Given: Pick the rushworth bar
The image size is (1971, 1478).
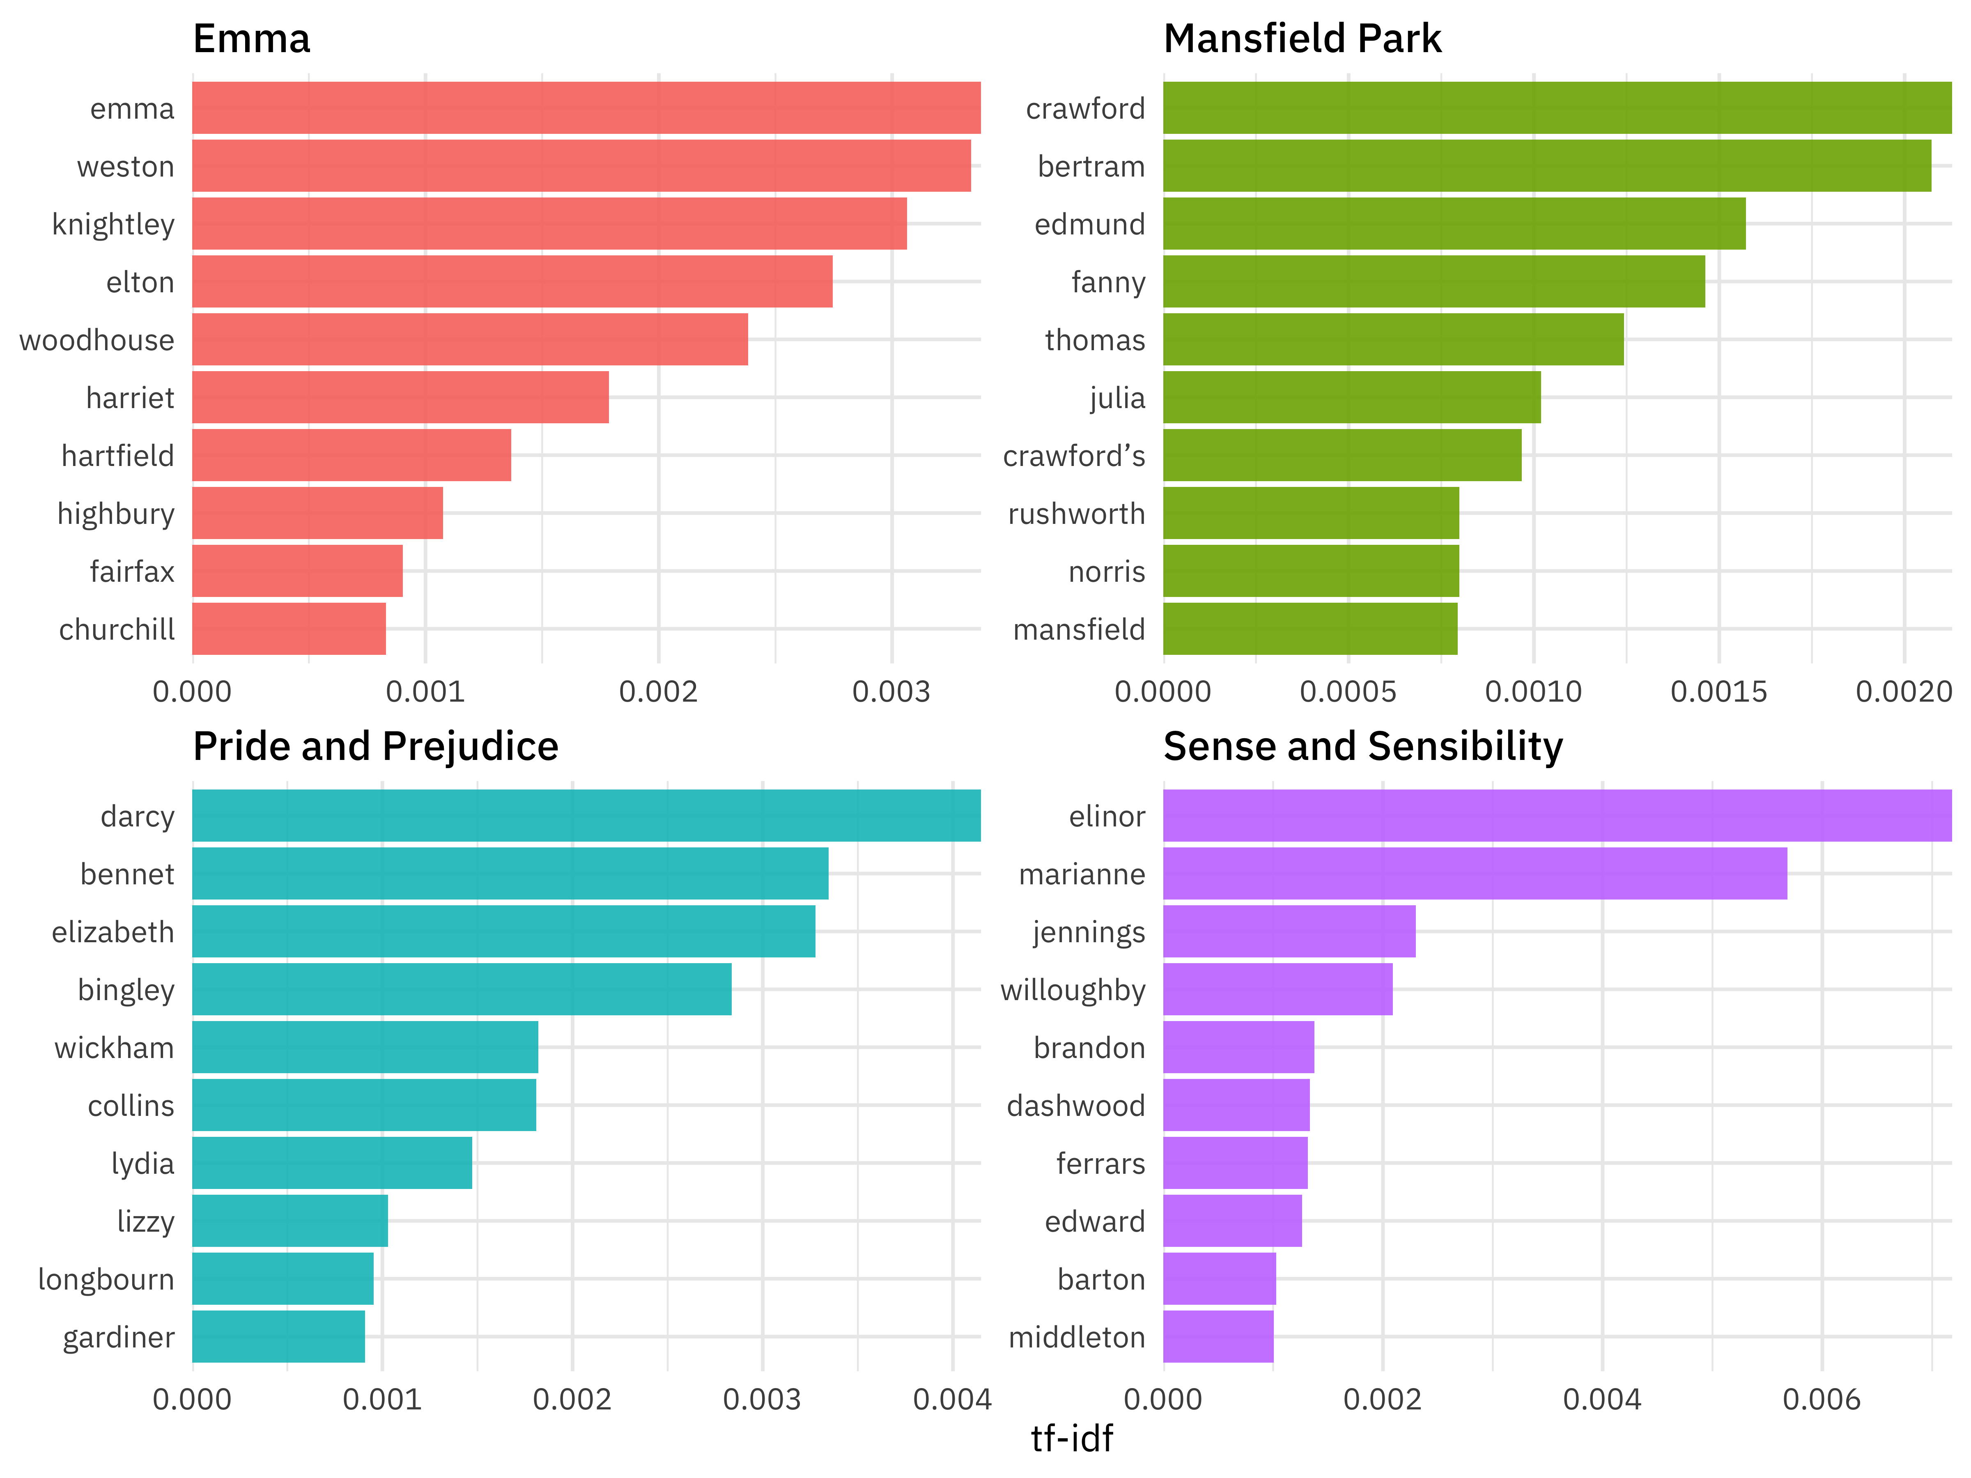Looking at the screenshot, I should tap(1311, 513).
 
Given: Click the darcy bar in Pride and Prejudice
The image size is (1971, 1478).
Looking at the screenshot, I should tap(586, 816).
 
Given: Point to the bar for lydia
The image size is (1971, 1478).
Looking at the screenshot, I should tap(331, 1163).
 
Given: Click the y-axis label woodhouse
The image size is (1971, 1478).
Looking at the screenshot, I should tap(96, 340).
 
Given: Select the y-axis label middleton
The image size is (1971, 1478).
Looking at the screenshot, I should tap(1076, 1337).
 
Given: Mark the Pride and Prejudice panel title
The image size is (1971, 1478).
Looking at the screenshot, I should tap(375, 746).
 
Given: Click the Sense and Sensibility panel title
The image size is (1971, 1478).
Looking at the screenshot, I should tap(1362, 746).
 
